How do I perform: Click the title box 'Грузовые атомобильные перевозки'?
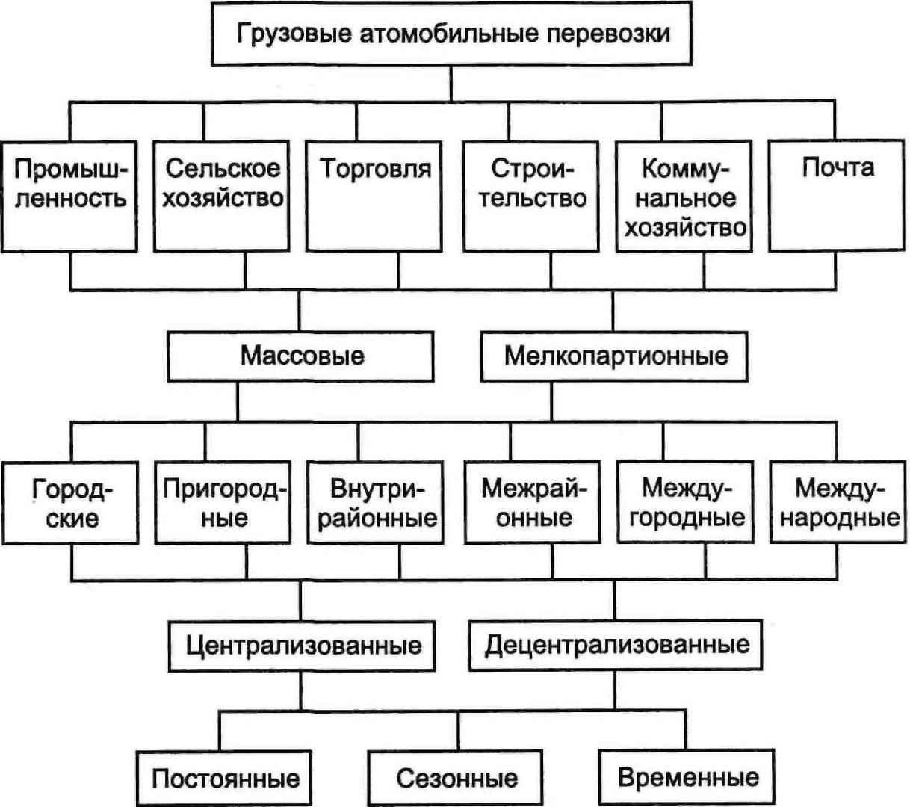pyautogui.click(x=451, y=34)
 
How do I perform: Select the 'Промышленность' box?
pyautogui.click(x=69, y=197)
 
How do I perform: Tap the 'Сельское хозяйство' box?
pyautogui.click(x=221, y=197)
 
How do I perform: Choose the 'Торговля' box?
pyautogui.click(x=374, y=197)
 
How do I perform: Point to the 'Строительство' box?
pyautogui.click(x=531, y=197)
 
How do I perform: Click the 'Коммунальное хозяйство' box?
pyautogui.click(x=684, y=197)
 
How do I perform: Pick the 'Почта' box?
pyautogui.click(x=836, y=197)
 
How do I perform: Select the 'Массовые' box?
pyautogui.click(x=300, y=356)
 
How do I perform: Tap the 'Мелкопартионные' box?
pyautogui.click(x=614, y=356)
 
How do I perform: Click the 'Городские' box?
pyautogui.click(x=70, y=503)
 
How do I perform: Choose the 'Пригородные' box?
pyautogui.click(x=223, y=503)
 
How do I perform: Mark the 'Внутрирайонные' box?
pyautogui.click(x=376, y=503)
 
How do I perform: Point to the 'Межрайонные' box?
pyautogui.click(x=532, y=503)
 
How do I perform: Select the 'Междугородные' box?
pyautogui.click(x=685, y=503)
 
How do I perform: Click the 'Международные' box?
pyautogui.click(x=838, y=503)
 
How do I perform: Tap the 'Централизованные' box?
pyautogui.click(x=302, y=646)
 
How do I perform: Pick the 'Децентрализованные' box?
pyautogui.click(x=616, y=646)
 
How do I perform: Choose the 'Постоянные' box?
pyautogui.click(x=223, y=778)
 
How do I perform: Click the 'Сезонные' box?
pyautogui.click(x=456, y=778)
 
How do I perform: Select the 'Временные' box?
pyautogui.click(x=687, y=777)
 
